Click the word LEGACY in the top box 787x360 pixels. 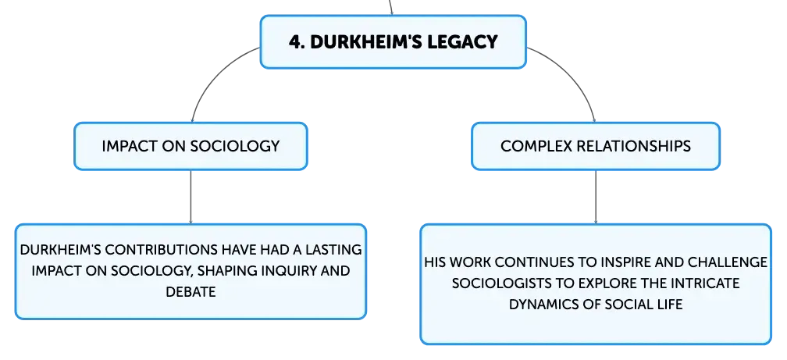pos(462,41)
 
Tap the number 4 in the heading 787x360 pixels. pos(294,41)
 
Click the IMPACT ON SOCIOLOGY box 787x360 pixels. pos(191,146)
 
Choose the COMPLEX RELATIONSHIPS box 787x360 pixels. pos(596,146)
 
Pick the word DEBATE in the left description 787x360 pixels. pos(191,292)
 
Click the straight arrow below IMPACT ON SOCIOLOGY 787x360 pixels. pos(191,197)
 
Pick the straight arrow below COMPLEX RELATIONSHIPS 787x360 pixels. pos(596,197)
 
